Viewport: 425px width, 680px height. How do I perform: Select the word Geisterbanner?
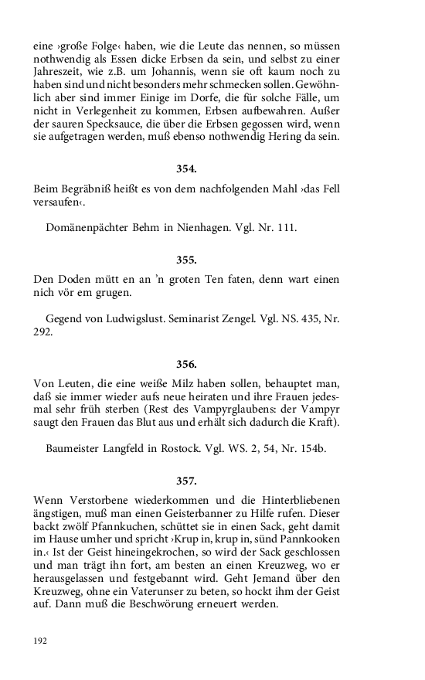219,515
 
